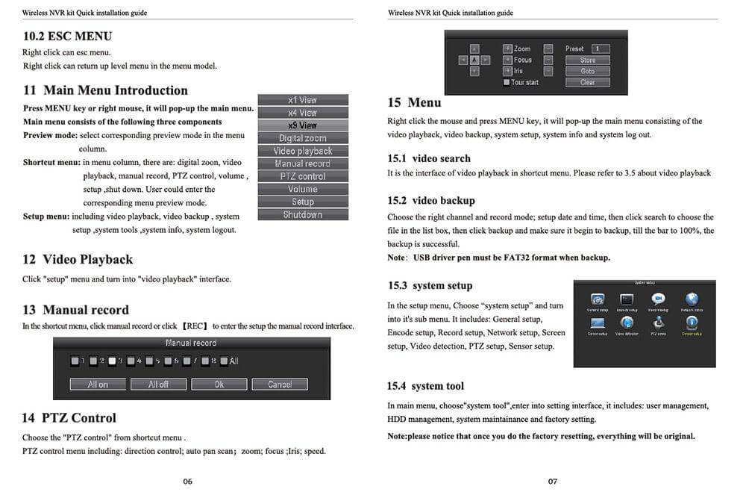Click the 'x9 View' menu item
click(x=302, y=125)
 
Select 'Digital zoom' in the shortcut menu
click(x=302, y=138)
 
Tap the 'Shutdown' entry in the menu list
click(x=302, y=215)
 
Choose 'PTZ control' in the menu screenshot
click(x=302, y=176)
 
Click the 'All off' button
click(x=158, y=385)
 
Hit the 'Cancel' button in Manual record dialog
click(x=280, y=385)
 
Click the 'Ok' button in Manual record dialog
click(x=219, y=385)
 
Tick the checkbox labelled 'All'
click(x=224, y=361)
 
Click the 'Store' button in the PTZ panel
click(x=588, y=60)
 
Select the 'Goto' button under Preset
click(x=588, y=71)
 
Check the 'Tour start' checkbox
click(x=507, y=82)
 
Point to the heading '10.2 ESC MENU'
click(x=67, y=36)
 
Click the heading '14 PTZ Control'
click(x=69, y=418)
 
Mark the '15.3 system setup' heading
click(x=430, y=285)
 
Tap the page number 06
click(x=187, y=482)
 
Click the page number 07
click(x=553, y=482)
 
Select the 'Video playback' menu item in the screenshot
click(x=302, y=151)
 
